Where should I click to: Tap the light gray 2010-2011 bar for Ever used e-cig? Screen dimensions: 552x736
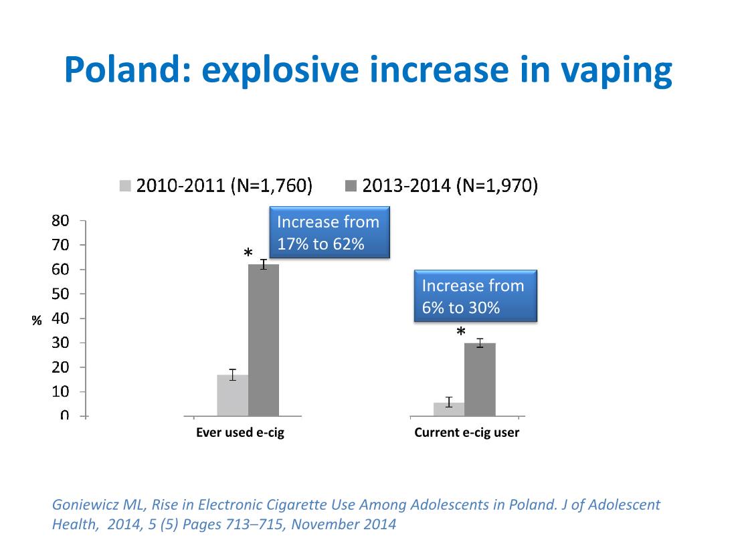click(232, 395)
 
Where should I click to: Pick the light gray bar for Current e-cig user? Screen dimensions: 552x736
click(448, 409)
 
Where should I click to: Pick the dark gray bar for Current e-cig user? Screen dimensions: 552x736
click(480, 379)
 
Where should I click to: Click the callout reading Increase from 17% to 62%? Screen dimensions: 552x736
click(329, 233)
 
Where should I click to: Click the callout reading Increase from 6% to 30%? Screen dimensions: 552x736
click(476, 296)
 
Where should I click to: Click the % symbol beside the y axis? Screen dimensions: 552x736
click(37, 320)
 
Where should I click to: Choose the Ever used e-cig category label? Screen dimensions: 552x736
click(240, 433)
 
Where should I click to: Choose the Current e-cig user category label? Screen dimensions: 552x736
click(466, 433)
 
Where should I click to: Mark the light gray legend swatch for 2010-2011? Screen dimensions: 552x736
click(125, 186)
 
